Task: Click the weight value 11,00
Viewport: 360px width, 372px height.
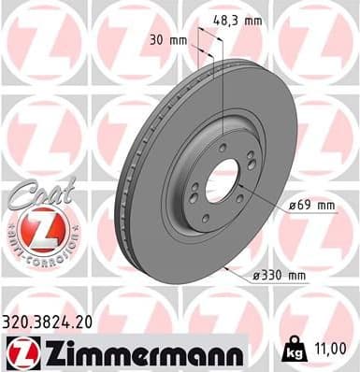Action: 334,348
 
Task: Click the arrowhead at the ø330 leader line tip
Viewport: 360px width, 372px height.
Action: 230,264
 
